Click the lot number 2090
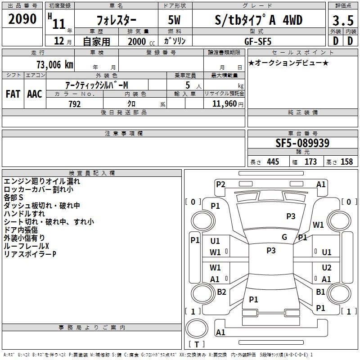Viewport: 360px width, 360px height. pos(22,19)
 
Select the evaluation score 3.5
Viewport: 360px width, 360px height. pos(342,21)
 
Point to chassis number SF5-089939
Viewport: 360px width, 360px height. pos(302,144)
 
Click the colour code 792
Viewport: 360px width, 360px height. pos(74,104)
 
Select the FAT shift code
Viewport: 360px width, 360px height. pos(13,94)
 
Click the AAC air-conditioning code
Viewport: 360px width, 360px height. pos(34,94)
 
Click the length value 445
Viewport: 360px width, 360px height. pos(272,162)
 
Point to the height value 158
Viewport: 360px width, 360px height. pos(346,162)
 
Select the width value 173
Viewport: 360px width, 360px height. pos(310,162)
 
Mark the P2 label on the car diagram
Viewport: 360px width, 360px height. pos(220,184)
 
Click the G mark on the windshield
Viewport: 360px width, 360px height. pos(284,237)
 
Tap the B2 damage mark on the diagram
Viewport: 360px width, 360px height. pos(221,292)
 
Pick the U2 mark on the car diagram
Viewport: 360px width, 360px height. pos(327,268)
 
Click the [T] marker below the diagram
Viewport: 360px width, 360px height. pos(196,345)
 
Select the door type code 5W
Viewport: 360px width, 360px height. pos(175,20)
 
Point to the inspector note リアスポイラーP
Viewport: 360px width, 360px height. pos(30,254)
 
